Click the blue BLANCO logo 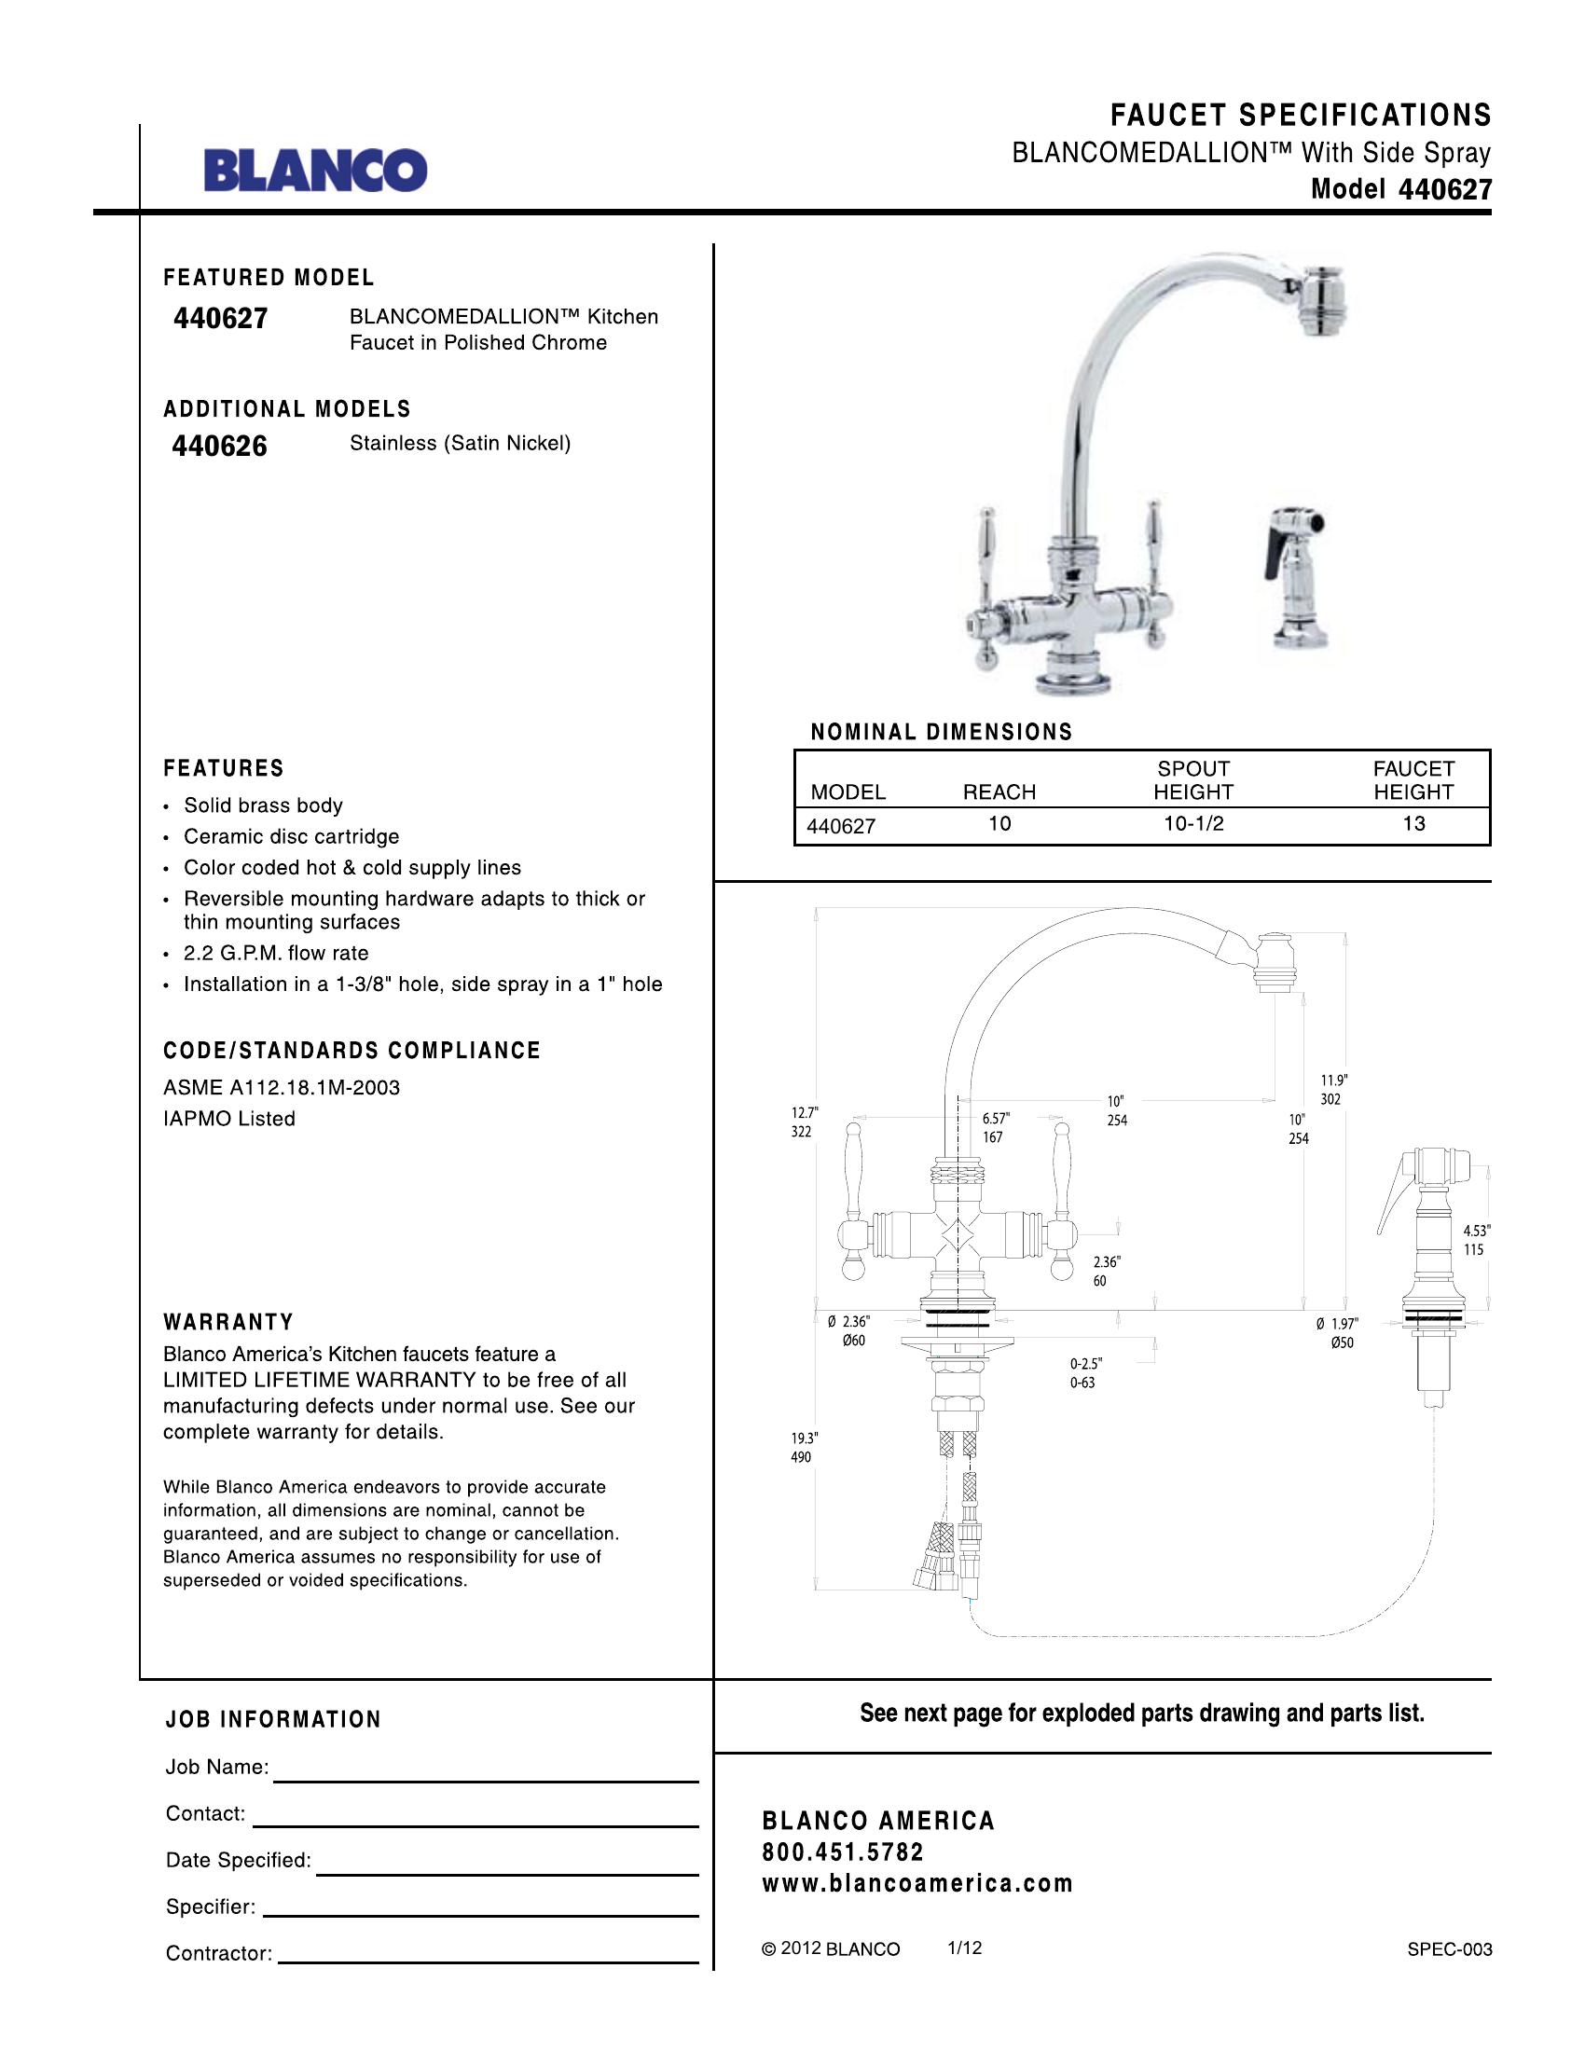tap(315, 170)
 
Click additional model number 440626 tap(220, 445)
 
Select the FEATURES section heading tap(224, 768)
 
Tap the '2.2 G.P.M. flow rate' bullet tap(276, 953)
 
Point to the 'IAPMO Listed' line tap(229, 1119)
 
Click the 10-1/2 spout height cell tap(1193, 823)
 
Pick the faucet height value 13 tap(1413, 823)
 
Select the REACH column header tap(999, 791)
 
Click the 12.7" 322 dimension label tap(804, 1122)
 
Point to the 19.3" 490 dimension tap(804, 1447)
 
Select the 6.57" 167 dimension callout tap(996, 1127)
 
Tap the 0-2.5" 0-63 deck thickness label tap(1085, 1373)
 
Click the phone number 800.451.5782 tap(842, 1851)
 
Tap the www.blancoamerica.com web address tap(917, 1884)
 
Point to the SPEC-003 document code tap(1449, 1949)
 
